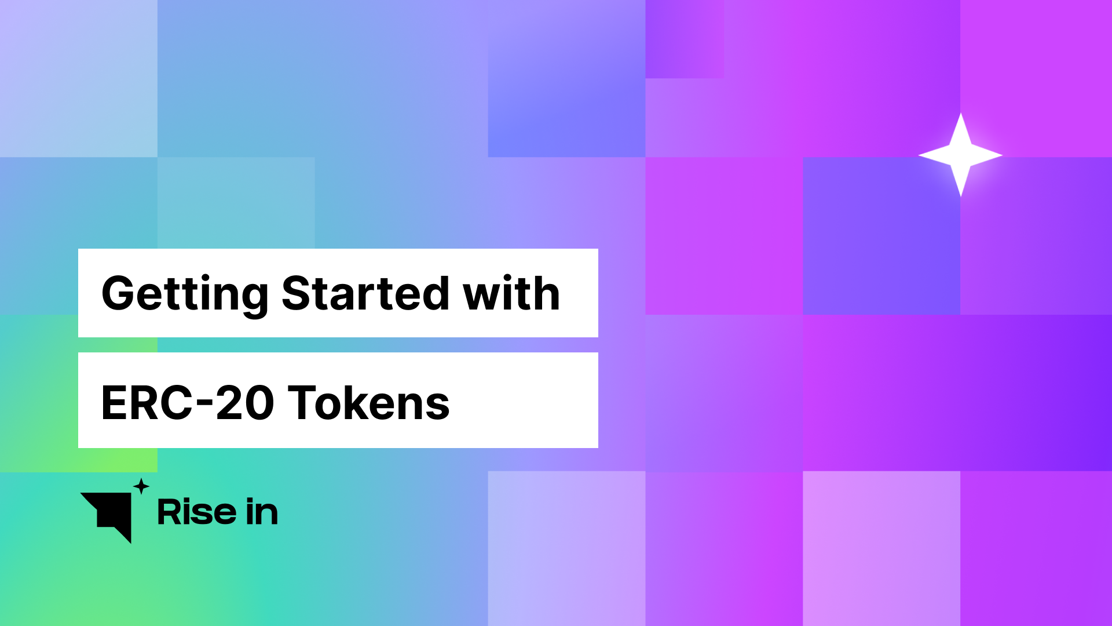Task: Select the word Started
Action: (365, 293)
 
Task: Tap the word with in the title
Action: (511, 293)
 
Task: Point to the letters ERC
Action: (147, 403)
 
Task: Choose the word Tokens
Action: (368, 402)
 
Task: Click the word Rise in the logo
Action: (197, 512)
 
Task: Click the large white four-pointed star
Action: (960, 155)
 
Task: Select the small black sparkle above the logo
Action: (141, 486)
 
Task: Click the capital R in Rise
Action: (169, 512)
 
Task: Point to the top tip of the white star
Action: (960, 113)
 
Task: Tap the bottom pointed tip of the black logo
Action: (130, 543)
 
